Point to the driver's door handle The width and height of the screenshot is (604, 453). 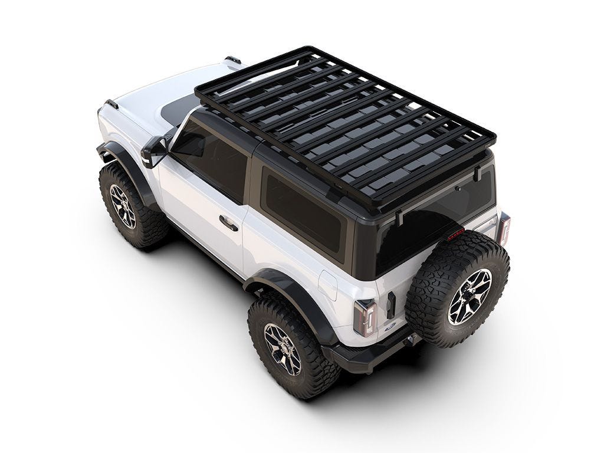(228, 223)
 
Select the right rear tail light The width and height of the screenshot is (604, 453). (503, 228)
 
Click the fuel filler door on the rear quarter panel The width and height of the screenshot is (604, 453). (328, 285)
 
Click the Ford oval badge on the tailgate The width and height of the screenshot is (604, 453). (390, 325)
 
